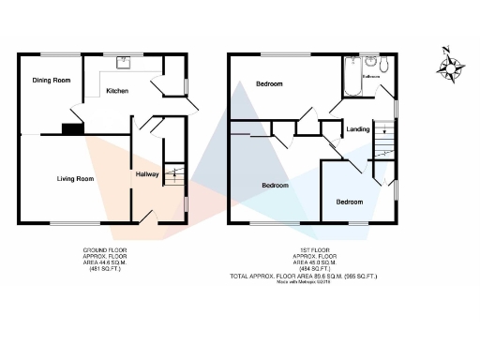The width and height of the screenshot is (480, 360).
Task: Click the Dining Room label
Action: point(52,81)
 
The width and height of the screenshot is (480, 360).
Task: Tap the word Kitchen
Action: point(117,91)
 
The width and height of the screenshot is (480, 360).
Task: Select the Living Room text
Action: point(75,178)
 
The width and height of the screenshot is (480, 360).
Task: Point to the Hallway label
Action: point(147,174)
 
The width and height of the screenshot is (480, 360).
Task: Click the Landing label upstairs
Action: point(357,128)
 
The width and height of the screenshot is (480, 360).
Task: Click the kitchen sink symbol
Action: point(122,63)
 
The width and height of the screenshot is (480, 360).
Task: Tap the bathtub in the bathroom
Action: point(352,77)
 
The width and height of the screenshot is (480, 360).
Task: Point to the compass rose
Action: point(455,67)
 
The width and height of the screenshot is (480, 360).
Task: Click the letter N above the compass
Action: point(447,50)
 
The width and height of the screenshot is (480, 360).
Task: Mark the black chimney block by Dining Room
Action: point(70,129)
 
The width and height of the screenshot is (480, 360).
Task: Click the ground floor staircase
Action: point(172,172)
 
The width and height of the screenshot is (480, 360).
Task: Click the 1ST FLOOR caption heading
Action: point(314,249)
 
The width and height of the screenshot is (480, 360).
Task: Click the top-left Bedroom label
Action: point(269,85)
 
